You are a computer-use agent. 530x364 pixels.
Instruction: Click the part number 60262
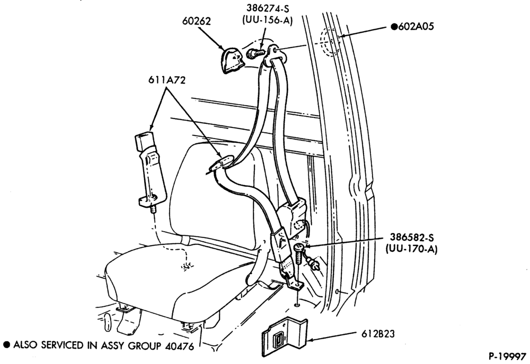pyautogui.click(x=196, y=21)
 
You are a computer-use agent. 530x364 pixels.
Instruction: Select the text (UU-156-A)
pyautogui.click(x=267, y=20)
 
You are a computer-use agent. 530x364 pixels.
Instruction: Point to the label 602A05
pyautogui.click(x=416, y=26)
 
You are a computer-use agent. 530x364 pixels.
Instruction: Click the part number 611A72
pyautogui.click(x=167, y=80)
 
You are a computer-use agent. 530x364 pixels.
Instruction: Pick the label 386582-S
pyautogui.click(x=412, y=238)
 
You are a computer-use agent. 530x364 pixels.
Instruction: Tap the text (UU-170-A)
pyautogui.click(x=411, y=249)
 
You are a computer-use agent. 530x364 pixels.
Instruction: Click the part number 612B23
pyautogui.click(x=378, y=334)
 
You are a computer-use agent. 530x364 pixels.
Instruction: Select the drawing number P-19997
pyautogui.click(x=507, y=356)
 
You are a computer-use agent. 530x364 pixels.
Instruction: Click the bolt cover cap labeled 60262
pyautogui.click(x=232, y=60)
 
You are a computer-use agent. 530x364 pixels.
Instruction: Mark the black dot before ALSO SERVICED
pyautogui.click(x=6, y=344)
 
